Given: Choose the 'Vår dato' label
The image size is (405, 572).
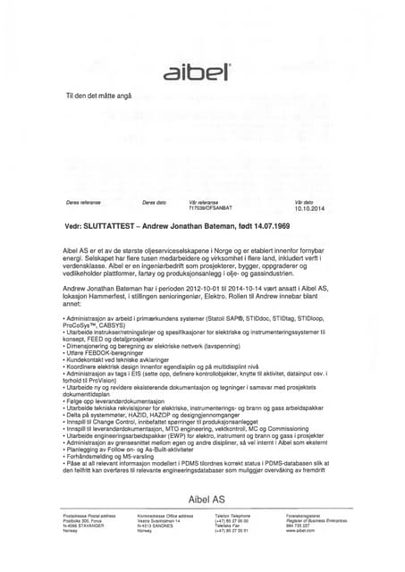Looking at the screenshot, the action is click(x=303, y=202).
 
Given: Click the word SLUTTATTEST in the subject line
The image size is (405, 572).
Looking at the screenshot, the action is click(x=112, y=227).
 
